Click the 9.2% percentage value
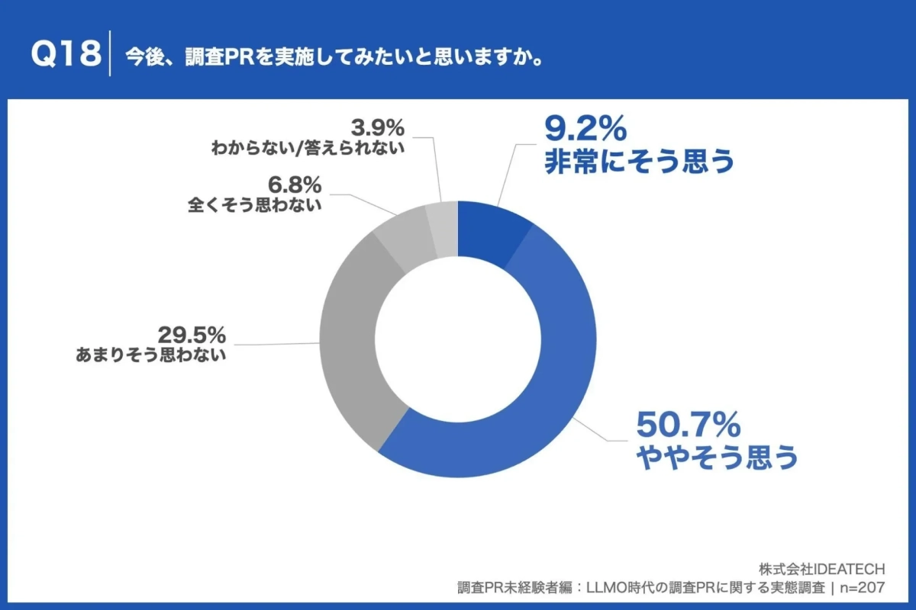click(585, 130)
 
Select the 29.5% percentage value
click(192, 335)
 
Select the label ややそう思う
click(717, 457)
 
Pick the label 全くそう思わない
click(254, 204)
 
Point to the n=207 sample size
click(862, 588)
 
